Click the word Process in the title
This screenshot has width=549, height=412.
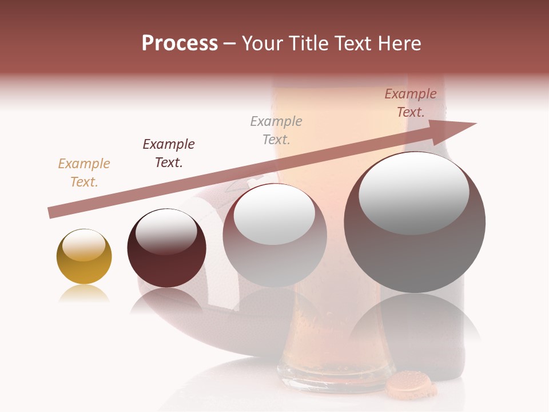point(180,43)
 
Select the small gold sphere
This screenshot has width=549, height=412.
point(84,257)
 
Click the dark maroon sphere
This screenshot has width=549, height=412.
point(166,248)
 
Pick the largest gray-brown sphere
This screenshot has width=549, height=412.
point(415,222)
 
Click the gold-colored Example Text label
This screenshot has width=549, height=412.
point(84,172)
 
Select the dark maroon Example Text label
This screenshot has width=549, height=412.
point(169,153)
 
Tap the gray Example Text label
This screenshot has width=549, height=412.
point(276,130)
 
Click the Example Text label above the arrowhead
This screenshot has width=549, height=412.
point(411,102)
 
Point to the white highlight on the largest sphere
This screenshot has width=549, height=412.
point(414,192)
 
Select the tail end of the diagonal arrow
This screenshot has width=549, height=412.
point(50,213)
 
